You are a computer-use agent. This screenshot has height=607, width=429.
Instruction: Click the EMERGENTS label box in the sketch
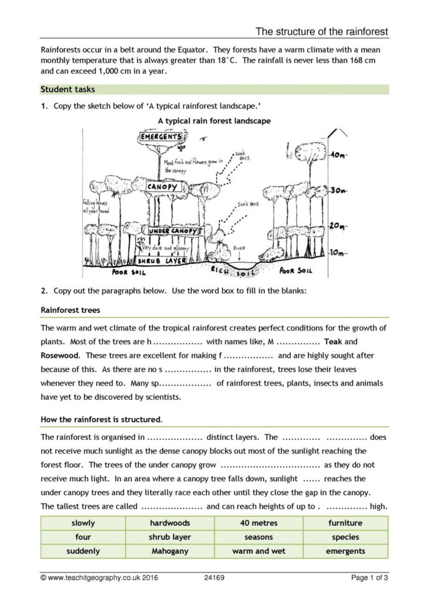click(x=161, y=137)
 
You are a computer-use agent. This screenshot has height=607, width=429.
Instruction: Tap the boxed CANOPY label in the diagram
click(x=164, y=187)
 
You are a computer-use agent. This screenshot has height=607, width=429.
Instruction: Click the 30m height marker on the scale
click(x=338, y=190)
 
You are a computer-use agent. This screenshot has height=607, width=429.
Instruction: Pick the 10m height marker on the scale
click(x=338, y=253)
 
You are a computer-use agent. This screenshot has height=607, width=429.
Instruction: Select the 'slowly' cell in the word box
click(x=83, y=523)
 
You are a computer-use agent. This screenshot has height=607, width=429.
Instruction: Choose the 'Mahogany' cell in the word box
click(x=169, y=551)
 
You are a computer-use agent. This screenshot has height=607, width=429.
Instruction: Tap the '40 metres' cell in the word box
click(x=258, y=523)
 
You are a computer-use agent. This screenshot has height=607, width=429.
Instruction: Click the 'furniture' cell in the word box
click(x=345, y=523)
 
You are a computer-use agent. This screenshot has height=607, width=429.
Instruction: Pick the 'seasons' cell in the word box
click(x=258, y=537)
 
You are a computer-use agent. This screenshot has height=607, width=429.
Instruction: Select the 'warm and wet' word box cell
click(x=258, y=551)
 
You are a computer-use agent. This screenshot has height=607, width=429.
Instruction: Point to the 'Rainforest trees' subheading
click(x=70, y=309)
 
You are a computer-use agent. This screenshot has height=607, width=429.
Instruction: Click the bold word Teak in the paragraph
click(x=333, y=342)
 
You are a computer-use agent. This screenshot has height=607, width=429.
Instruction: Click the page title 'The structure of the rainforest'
click(x=322, y=31)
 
